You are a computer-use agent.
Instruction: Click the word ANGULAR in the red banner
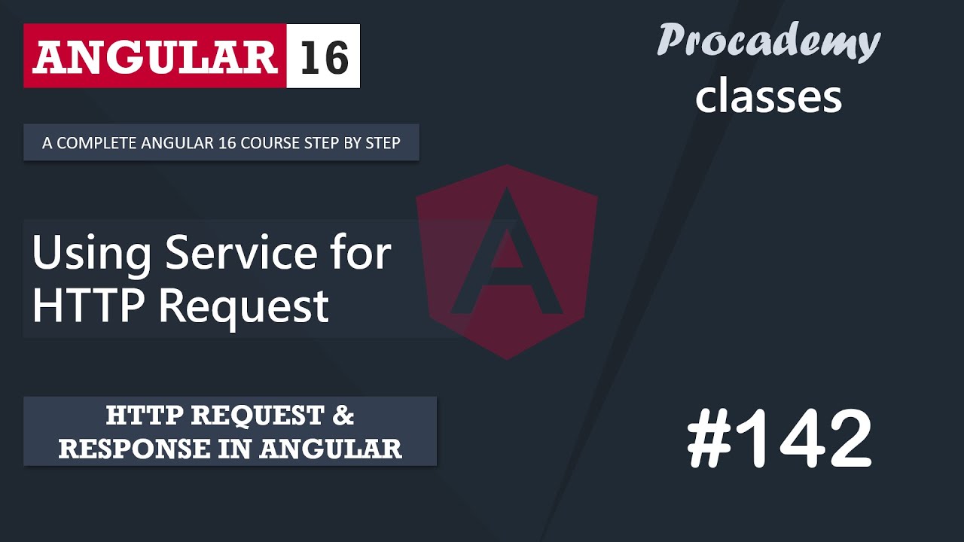(154, 57)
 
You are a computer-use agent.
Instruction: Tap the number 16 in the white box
(324, 57)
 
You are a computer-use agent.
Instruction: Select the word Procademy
(768, 41)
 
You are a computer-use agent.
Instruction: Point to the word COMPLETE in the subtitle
(95, 143)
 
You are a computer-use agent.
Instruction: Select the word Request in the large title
(244, 306)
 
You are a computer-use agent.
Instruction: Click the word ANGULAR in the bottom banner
(331, 449)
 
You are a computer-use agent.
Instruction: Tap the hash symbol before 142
(709, 440)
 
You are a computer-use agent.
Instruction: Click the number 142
(805, 440)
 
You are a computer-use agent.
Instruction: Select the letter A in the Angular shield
(506, 256)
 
